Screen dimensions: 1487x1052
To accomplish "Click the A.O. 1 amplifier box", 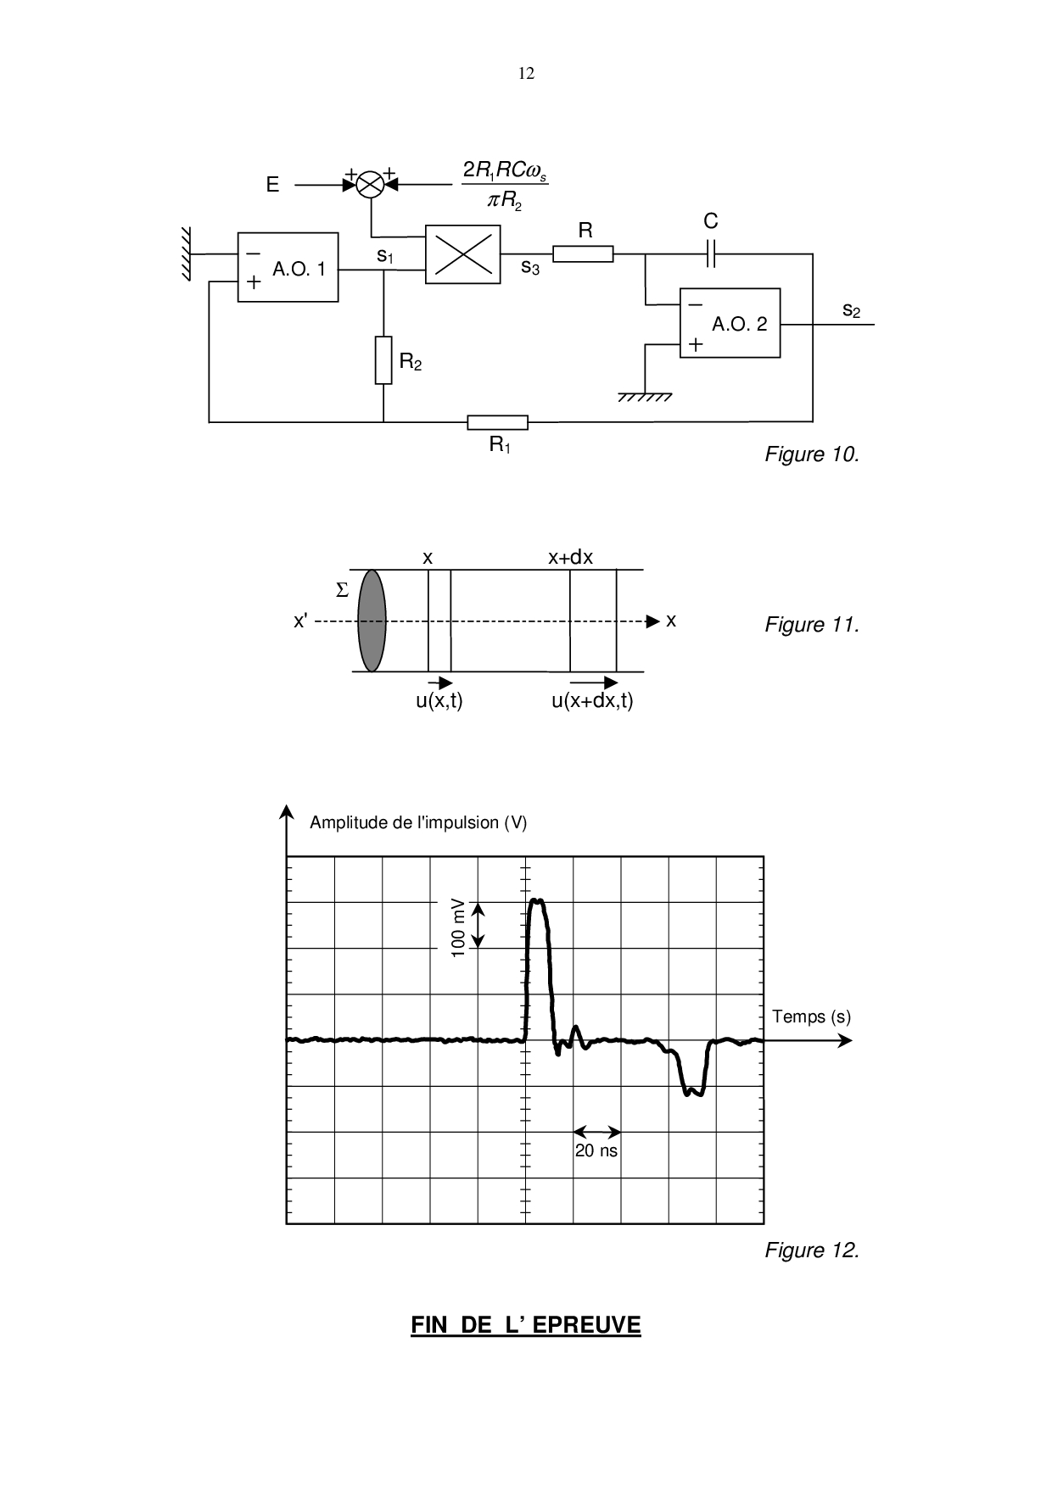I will click(x=288, y=267).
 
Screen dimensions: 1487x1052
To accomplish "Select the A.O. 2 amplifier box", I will click(x=730, y=323).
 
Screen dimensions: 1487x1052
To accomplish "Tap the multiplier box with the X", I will click(x=462, y=254).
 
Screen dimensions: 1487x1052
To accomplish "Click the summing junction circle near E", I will click(x=369, y=184).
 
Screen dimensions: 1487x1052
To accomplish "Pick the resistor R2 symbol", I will click(x=383, y=360).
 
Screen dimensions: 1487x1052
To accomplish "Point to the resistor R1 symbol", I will click(x=497, y=422).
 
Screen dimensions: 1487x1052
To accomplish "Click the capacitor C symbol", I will click(x=711, y=253).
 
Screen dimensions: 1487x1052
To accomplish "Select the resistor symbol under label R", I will click(x=582, y=253).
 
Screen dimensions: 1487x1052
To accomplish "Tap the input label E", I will click(x=272, y=185).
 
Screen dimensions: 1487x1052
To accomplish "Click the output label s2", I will click(x=851, y=311).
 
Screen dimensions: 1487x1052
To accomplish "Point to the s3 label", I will click(x=530, y=269).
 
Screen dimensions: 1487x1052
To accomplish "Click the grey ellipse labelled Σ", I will click(x=372, y=620).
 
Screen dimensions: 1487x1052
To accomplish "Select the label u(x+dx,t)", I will click(x=592, y=701).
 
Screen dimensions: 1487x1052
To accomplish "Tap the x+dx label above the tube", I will click(x=570, y=558).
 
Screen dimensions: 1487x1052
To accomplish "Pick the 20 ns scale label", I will click(x=596, y=1150).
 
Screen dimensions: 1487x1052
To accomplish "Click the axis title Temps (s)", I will click(x=811, y=1016).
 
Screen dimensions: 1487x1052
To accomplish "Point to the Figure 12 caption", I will click(x=812, y=1250).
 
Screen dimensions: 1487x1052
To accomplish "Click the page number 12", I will click(x=526, y=74).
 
